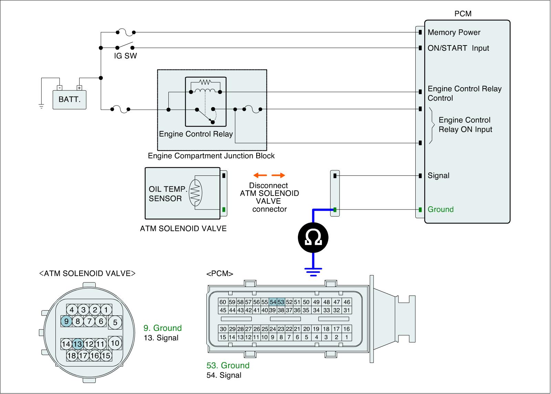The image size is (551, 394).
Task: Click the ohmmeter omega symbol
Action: coord(313,238)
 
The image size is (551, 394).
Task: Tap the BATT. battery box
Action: coord(69,100)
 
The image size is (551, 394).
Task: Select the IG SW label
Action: coord(125,56)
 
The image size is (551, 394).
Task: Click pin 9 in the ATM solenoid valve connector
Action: coord(66,321)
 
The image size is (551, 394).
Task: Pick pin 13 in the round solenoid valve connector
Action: coord(77,344)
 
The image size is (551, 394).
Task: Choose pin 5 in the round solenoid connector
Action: coord(115,322)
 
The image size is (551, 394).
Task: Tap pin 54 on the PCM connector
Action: coord(273,302)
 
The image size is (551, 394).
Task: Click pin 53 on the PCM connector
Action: coord(281,302)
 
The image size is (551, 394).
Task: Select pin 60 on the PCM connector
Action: coord(223,302)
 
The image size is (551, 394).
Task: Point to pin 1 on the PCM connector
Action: coord(346,337)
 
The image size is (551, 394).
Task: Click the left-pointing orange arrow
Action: coord(260,175)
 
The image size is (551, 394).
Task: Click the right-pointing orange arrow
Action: coord(278,175)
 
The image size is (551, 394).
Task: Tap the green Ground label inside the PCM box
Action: coord(440,209)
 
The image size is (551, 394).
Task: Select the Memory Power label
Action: coord(454,32)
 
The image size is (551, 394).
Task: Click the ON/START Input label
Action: coord(458,48)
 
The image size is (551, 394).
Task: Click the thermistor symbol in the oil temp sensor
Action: coord(195,193)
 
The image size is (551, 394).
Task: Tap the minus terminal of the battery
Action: coord(60,88)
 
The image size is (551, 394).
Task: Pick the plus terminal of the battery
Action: coord(79,88)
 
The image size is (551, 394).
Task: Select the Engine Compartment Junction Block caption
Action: coord(211,156)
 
